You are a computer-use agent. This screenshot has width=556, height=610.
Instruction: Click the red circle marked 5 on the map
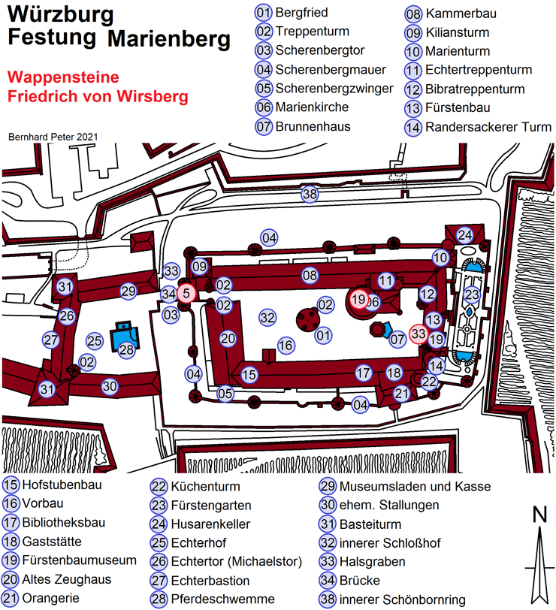(x=186, y=293)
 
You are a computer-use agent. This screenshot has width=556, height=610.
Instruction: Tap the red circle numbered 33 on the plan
(x=419, y=334)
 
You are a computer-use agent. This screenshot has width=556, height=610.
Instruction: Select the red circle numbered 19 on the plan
(x=358, y=300)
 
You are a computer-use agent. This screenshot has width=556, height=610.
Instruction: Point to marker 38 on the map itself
(x=310, y=194)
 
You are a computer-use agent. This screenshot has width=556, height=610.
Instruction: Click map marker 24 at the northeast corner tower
(x=464, y=235)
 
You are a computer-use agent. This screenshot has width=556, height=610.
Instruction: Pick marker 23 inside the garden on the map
(x=472, y=294)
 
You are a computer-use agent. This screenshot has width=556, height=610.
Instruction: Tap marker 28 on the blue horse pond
(x=126, y=349)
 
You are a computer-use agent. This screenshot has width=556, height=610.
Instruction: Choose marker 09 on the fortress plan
(x=200, y=267)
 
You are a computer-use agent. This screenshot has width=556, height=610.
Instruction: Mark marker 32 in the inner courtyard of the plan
(x=267, y=318)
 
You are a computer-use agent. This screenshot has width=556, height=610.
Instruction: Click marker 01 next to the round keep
(x=323, y=336)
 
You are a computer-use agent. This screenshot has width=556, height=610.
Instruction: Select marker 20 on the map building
(x=228, y=339)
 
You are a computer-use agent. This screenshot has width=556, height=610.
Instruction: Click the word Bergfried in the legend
(x=301, y=13)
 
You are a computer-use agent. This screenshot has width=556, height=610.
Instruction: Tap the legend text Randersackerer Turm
(x=488, y=127)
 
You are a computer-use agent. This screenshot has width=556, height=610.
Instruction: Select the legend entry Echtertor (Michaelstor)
(x=237, y=561)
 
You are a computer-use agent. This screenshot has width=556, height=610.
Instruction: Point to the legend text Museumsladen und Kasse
(x=415, y=486)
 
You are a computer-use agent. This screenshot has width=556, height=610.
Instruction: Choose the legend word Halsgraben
(x=373, y=561)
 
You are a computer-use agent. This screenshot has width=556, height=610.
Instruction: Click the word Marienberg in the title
(x=169, y=39)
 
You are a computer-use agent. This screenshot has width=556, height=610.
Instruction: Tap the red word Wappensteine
(x=63, y=77)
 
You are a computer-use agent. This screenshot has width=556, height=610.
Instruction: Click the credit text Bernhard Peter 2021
(x=53, y=137)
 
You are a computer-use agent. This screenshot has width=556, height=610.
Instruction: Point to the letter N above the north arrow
(x=539, y=515)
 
